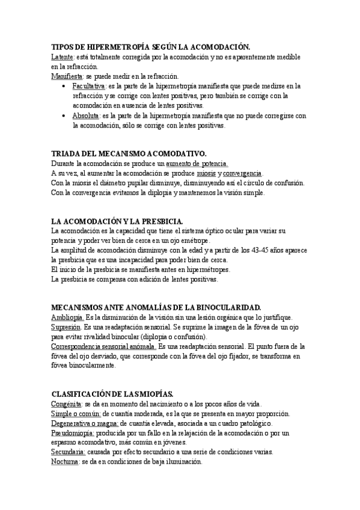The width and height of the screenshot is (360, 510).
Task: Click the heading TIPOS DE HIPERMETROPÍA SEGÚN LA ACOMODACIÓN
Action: (150, 46)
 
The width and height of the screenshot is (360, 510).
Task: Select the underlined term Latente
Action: (62, 56)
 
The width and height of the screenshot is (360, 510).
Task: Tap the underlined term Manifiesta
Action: (67, 76)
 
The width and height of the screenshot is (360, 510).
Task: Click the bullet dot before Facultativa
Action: (64, 87)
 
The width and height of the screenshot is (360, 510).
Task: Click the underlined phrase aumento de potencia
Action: (197, 164)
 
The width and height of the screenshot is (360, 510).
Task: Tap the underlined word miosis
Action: (208, 173)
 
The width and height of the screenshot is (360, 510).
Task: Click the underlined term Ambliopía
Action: (67, 317)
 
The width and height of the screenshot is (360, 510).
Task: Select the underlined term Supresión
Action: (66, 327)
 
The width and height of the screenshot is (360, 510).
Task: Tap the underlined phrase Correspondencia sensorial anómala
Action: (103, 346)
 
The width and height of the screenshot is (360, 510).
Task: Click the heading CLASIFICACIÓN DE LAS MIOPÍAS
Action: (112, 394)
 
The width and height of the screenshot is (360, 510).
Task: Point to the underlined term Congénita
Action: (66, 404)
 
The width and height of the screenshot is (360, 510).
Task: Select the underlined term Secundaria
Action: (68, 452)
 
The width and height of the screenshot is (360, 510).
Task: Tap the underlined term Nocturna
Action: (66, 462)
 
